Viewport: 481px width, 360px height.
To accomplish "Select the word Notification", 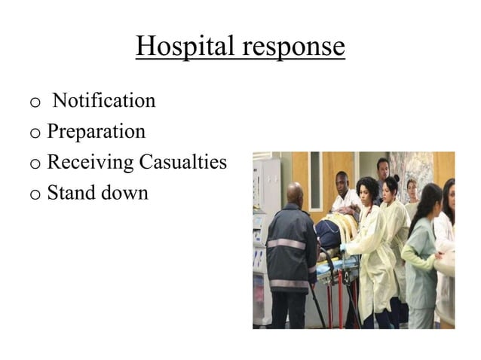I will point(105,100).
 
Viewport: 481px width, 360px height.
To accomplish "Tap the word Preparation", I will point(96,132).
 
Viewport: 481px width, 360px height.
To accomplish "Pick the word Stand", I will point(70,193).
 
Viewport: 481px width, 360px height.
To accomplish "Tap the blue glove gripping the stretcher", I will point(343,247).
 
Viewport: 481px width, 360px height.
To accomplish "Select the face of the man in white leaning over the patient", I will point(343,182).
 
